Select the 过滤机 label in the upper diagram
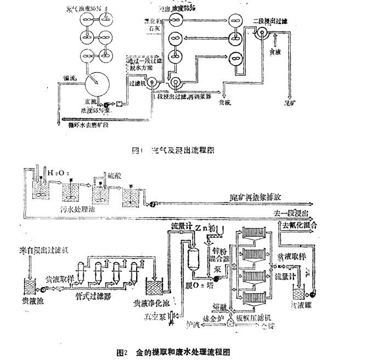pyautogui.click(x=136, y=83)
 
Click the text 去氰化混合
pyautogui.click(x=300, y=225)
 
